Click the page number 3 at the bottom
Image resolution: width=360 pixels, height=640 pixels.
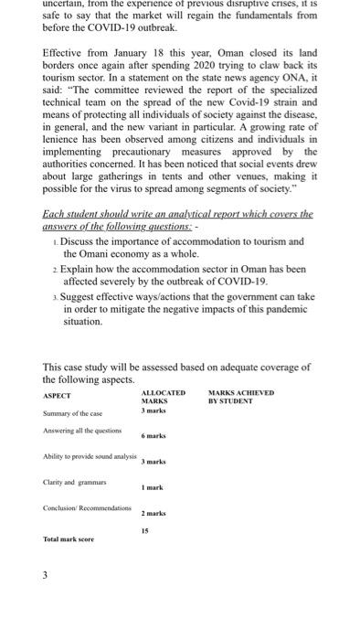click(47, 575)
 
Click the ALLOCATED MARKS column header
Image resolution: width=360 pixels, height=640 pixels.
click(163, 397)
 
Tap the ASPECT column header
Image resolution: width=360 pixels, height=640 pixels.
click(58, 395)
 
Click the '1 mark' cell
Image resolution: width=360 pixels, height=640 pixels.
click(152, 487)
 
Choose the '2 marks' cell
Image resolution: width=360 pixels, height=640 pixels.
click(154, 513)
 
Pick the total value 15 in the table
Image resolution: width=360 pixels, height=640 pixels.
click(144, 530)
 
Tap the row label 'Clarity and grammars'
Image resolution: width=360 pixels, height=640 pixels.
click(75, 481)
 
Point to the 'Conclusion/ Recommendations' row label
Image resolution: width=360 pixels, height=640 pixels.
click(88, 507)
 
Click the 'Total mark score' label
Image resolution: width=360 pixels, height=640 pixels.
click(69, 539)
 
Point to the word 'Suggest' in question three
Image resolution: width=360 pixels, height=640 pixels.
click(84, 298)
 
